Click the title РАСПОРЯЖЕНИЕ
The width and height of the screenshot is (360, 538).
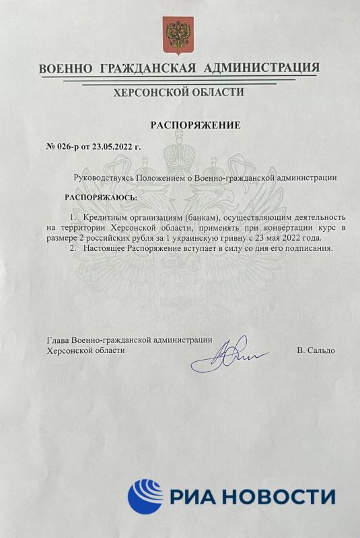(194, 125)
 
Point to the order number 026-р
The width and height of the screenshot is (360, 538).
(72, 145)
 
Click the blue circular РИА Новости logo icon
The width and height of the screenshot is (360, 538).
(145, 496)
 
